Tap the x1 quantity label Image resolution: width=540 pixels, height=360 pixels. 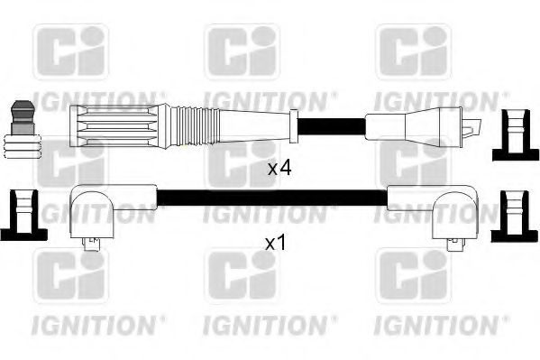[276, 244]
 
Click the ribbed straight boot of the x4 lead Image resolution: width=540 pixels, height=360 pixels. [118, 124]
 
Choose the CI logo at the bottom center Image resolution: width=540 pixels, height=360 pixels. [242, 276]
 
